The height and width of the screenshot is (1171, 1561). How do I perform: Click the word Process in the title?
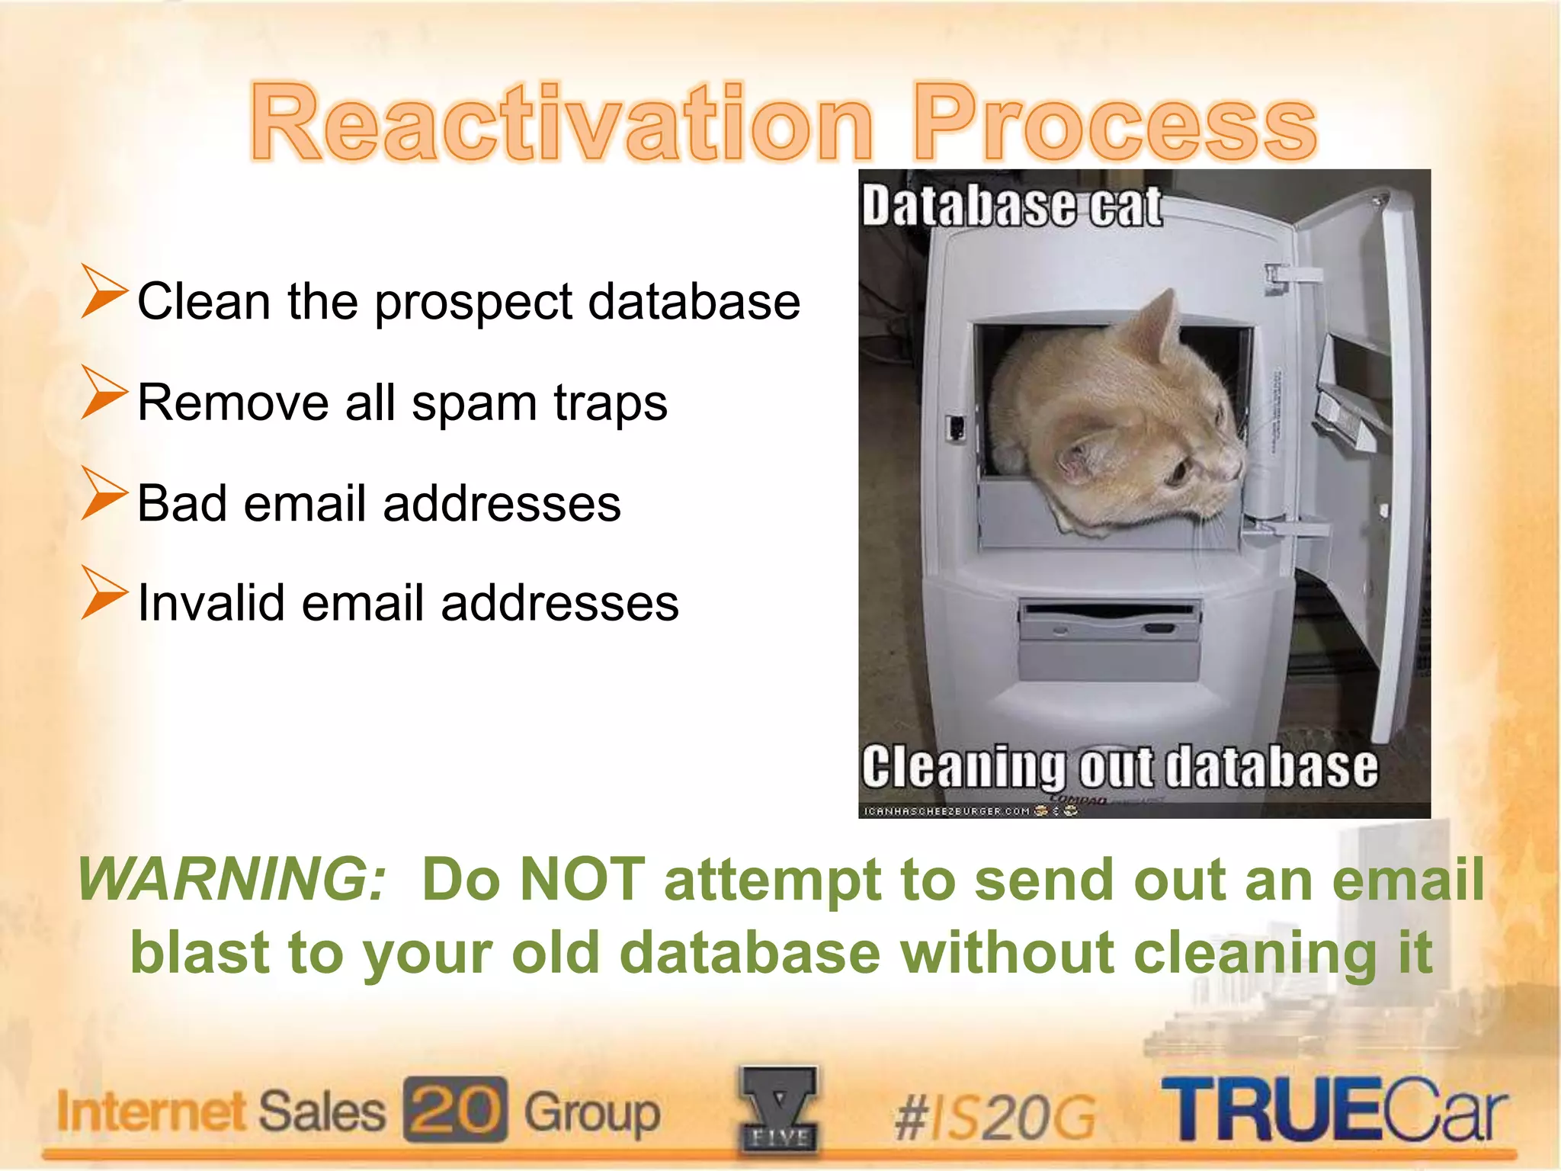1114,124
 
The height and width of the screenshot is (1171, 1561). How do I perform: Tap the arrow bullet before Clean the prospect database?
104,291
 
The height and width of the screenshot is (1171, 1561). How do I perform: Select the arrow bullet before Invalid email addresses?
104,592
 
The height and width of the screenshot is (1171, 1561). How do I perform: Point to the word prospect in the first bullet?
473,303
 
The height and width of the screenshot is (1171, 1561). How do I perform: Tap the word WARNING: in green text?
232,879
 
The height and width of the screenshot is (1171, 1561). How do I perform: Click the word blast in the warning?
199,952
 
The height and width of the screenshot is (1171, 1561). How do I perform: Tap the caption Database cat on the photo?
1011,206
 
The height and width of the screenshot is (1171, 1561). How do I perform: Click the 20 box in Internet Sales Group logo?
455,1109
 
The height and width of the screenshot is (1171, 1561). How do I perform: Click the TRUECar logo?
1334,1109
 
